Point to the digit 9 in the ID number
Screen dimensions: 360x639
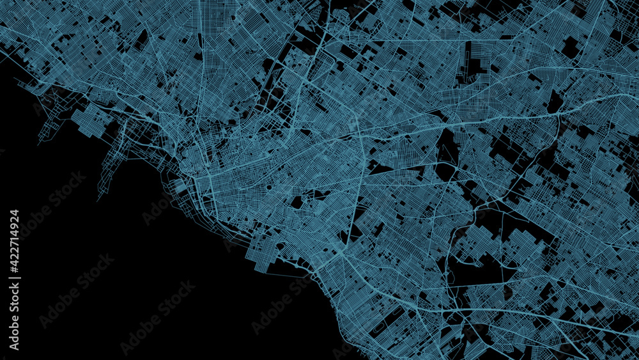point(14,223)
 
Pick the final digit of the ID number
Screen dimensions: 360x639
point(14,213)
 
